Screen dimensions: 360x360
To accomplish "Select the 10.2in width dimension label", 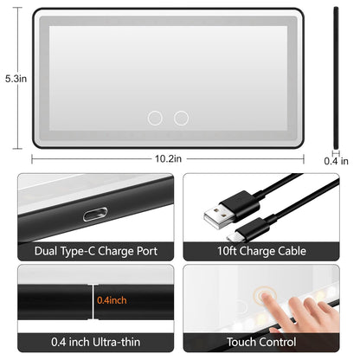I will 168,158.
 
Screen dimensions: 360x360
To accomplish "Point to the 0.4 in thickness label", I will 337,160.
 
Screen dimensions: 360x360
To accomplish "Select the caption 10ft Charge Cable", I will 263,251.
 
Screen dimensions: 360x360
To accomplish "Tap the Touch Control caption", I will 263,343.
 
